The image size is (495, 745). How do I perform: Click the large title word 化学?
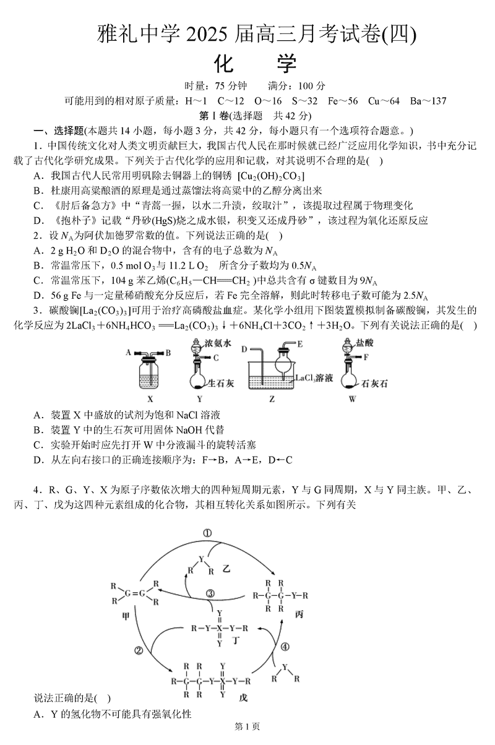coord(256,63)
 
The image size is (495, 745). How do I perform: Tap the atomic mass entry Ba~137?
coord(426,101)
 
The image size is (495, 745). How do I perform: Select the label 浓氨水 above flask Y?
coord(216,343)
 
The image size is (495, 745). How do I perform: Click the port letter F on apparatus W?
coord(366,357)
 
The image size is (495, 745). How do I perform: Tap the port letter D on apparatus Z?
coord(244,350)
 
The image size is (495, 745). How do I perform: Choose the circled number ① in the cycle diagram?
coord(207,533)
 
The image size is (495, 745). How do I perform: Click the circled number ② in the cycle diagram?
coord(138,650)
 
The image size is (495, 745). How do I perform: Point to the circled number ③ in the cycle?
coord(210,594)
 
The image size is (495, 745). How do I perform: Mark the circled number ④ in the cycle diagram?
coord(284,647)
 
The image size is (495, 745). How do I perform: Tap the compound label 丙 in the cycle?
coord(282,614)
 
